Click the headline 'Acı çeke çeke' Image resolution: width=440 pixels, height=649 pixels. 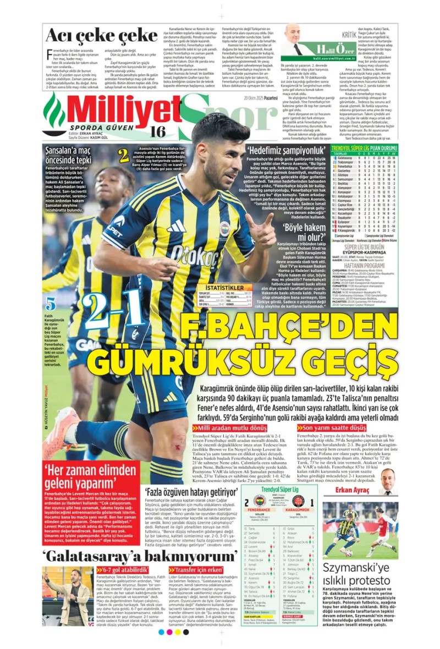pyautogui.click(x=94, y=35)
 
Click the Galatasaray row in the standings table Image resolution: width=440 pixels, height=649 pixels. pyautogui.click(x=363, y=158)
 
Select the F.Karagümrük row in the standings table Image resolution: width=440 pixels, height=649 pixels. pyautogui.click(x=363, y=261)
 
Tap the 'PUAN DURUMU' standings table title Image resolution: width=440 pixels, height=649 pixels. pyautogui.click(x=380, y=149)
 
